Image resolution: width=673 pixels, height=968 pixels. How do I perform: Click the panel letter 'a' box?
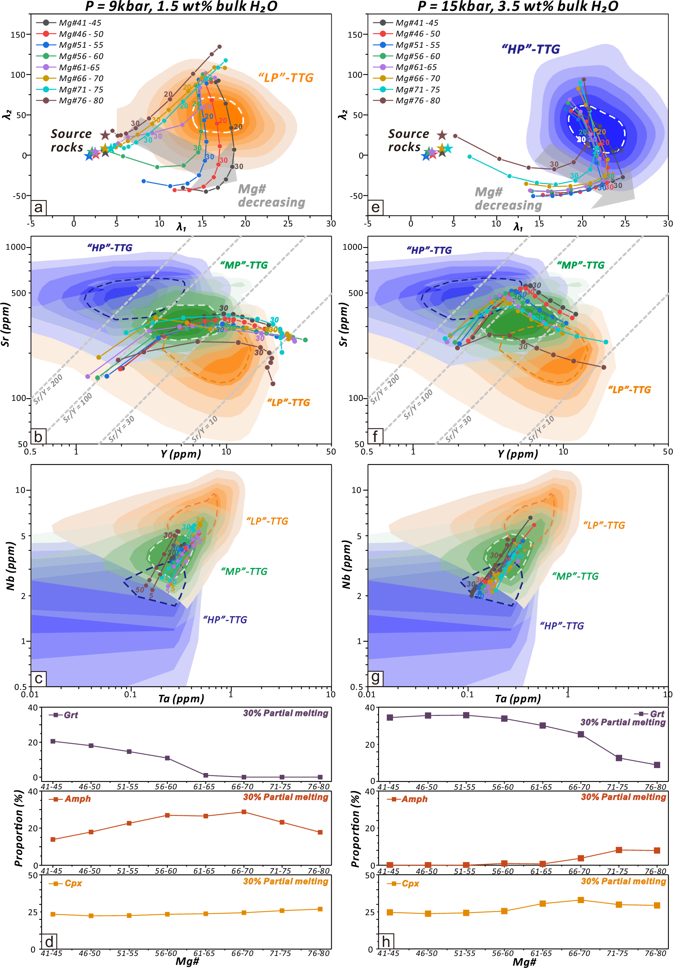tap(38, 207)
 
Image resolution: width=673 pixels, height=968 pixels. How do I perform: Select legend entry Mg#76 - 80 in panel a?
tap(80, 101)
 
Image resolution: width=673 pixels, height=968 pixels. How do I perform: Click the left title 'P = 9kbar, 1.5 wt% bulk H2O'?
tap(181, 6)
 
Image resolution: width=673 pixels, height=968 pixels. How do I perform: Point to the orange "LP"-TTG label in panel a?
tap(286, 78)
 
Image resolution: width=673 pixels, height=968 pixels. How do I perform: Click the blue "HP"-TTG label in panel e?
tap(530, 49)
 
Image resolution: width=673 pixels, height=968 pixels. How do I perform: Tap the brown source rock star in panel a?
tap(105, 135)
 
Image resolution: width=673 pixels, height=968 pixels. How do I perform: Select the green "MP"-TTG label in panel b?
tap(243, 265)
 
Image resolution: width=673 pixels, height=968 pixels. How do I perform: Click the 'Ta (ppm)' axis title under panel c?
tap(181, 698)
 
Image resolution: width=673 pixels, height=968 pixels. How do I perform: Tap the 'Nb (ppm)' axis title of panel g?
tap(346, 565)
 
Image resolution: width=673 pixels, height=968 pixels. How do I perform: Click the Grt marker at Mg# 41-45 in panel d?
tap(53, 741)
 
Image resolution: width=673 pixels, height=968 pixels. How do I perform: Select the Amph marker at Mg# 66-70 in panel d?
tap(243, 811)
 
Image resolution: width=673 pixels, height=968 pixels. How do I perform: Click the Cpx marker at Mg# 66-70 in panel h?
tap(581, 900)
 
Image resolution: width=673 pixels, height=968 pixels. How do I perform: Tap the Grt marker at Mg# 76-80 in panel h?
tap(657, 765)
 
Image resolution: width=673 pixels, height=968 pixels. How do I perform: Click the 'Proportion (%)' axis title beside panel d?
tap(18, 829)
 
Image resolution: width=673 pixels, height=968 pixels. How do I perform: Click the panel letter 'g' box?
tap(375, 678)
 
